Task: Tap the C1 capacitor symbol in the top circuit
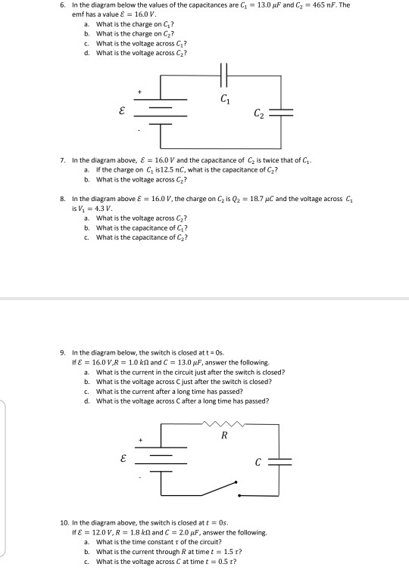[x=223, y=78]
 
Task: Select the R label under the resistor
[x=223, y=436]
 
